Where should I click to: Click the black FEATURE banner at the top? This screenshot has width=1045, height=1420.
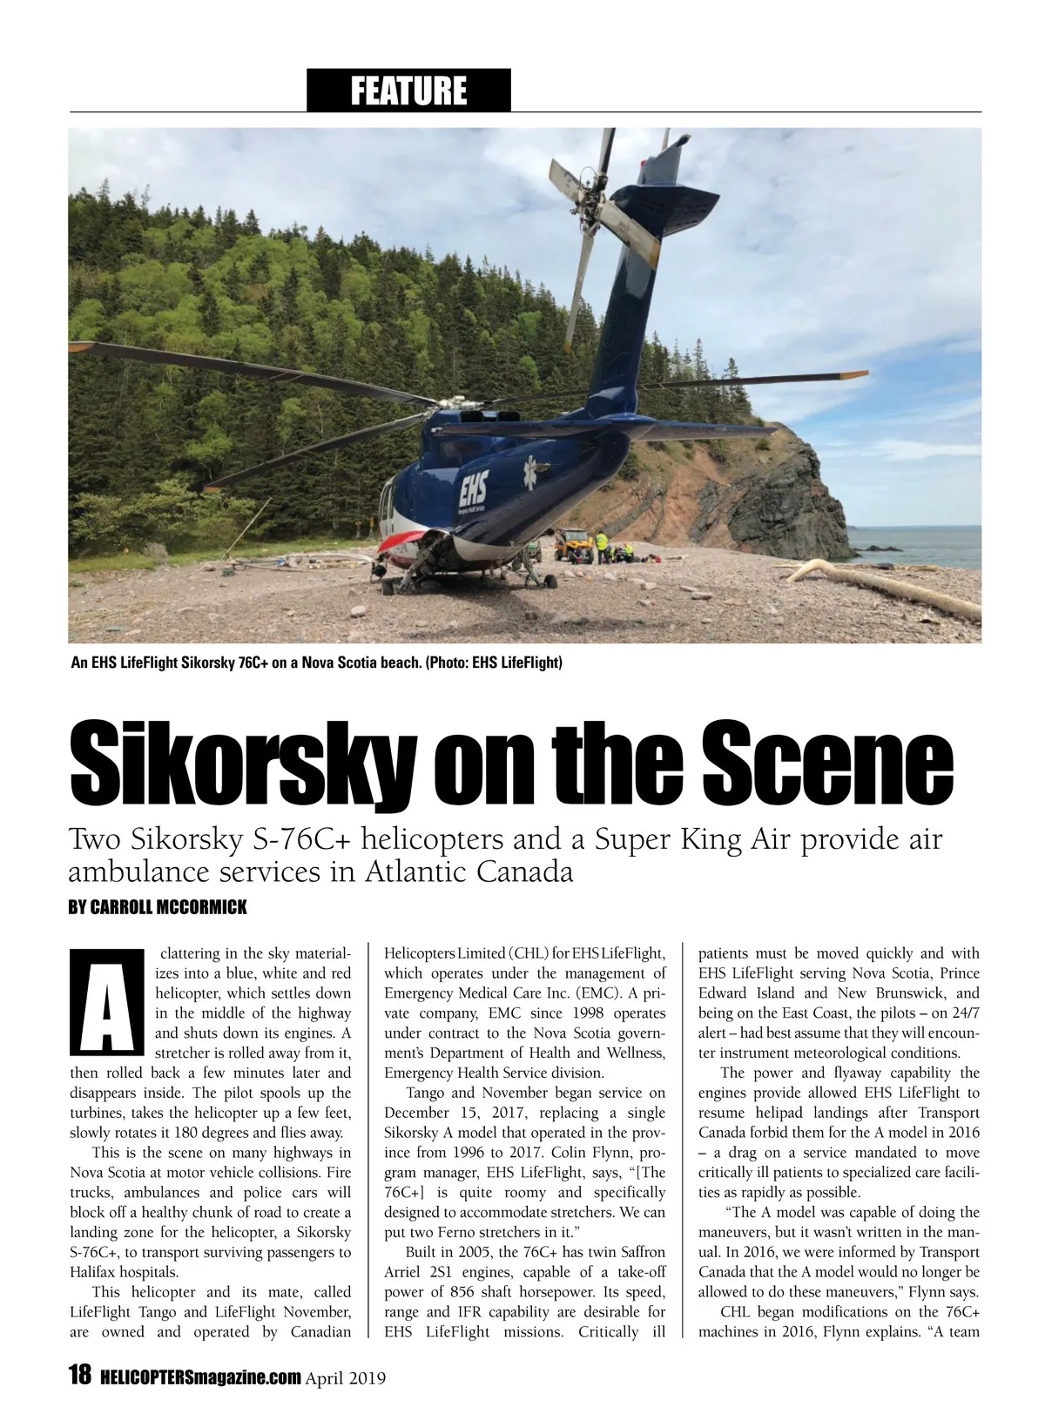pos(408,91)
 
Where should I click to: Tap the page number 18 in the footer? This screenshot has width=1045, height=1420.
pos(79,1376)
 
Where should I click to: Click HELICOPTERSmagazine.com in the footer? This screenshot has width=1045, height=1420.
pos(200,1377)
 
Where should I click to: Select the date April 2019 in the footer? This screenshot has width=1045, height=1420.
pos(346,1377)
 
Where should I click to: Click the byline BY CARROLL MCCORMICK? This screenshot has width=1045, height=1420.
pos(158,907)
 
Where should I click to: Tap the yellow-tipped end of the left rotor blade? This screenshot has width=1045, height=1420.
pos(80,347)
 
